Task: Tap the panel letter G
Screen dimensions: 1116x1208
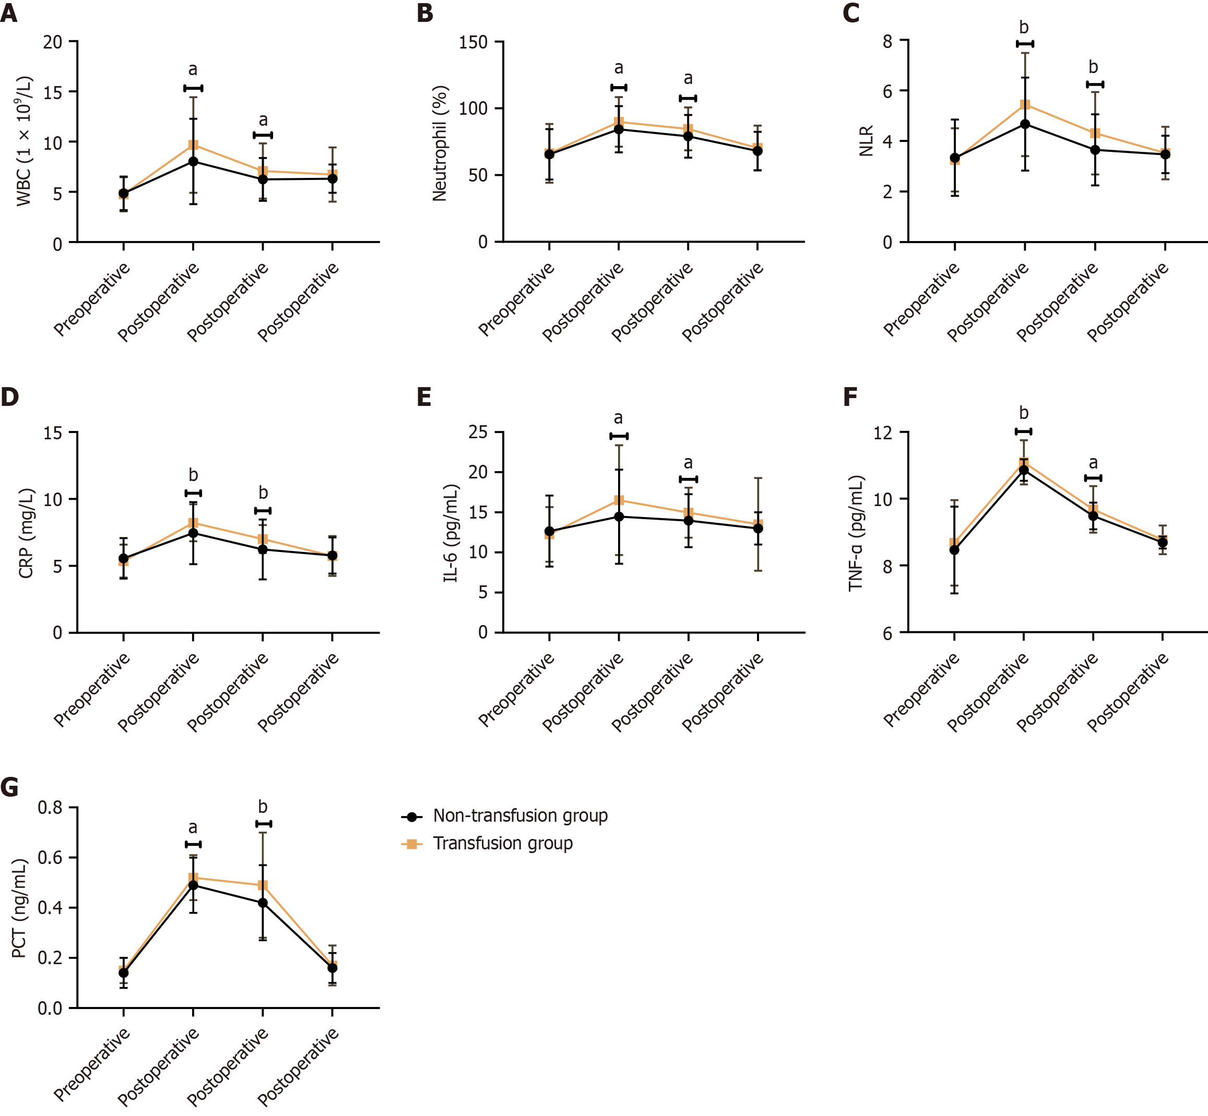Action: click(10, 787)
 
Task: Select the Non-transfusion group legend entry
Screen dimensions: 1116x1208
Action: click(520, 816)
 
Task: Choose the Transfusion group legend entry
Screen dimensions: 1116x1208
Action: click(502, 843)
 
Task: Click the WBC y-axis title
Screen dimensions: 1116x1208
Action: click(24, 141)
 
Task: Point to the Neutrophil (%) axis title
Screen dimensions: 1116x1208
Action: click(440, 143)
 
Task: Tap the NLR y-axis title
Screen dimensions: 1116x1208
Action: click(866, 141)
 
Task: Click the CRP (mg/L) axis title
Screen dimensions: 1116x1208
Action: click(26, 533)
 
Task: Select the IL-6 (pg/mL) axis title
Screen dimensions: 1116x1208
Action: click(452, 533)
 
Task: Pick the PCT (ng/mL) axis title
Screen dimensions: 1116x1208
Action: click(19, 908)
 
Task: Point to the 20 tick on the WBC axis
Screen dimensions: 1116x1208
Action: click(53, 42)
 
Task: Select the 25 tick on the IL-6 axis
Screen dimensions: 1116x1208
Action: click(478, 433)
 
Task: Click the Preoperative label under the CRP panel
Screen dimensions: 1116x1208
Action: click(92, 690)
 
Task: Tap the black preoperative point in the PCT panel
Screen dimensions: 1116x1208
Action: click(123, 973)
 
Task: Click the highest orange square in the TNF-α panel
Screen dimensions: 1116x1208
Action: click(1024, 463)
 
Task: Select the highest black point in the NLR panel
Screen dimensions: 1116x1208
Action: click(1025, 124)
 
